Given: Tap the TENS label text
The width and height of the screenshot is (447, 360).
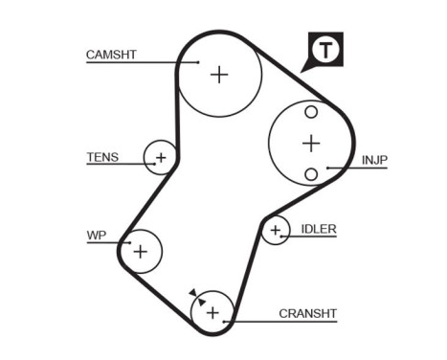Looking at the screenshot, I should pos(102,157).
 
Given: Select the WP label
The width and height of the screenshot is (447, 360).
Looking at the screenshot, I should pos(96,233).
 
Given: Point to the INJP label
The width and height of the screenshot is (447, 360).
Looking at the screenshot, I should pos(374,160).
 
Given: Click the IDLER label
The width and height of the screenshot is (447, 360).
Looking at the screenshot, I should pos(319,229).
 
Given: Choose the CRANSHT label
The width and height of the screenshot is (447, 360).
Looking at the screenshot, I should pos(308,313).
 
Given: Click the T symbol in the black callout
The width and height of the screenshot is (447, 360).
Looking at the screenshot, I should pos(327,50).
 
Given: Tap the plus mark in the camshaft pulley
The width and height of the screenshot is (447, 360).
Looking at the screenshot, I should pos(220,74).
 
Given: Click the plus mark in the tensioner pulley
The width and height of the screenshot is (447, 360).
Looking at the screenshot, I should pos(161,157).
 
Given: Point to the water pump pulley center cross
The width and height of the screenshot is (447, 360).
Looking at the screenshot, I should pos(141,252).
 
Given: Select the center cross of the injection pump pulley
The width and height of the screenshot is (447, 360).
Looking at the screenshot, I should pos(310,144).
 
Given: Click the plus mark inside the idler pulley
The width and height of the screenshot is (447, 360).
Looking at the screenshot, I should pos(276,230).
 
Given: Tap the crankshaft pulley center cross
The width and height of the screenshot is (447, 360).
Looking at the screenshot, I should pos(212,312).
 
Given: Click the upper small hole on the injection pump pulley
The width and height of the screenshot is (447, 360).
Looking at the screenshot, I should pos(310,112).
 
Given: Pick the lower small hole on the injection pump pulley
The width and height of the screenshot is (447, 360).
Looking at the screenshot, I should pos(310,173).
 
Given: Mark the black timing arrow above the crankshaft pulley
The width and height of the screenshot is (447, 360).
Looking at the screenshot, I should pos(194,294).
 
